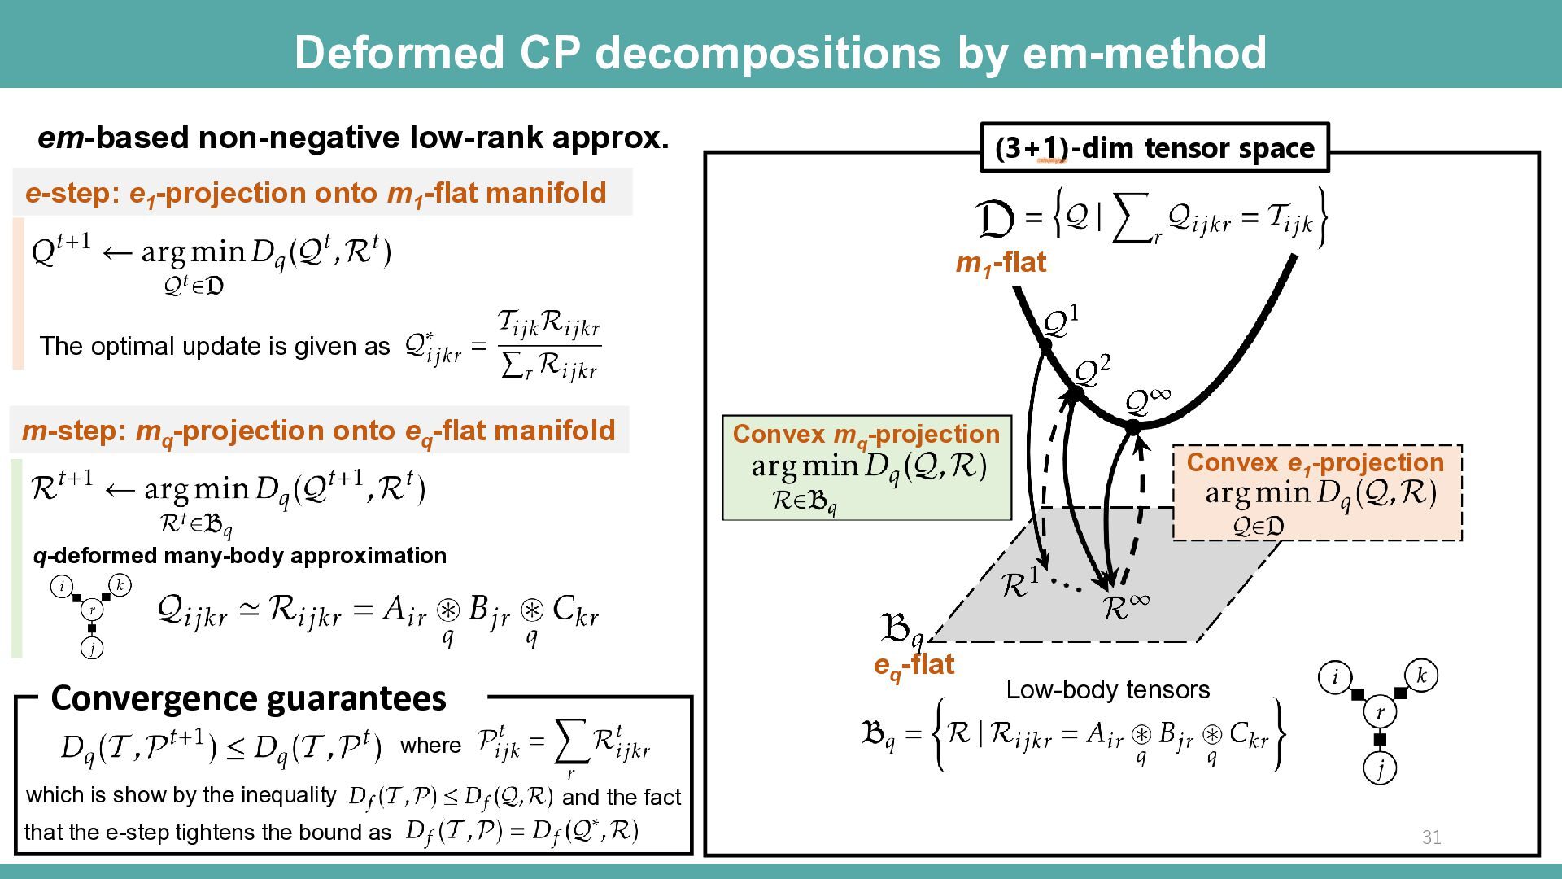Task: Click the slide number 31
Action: (1432, 837)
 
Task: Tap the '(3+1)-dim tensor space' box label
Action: (1154, 148)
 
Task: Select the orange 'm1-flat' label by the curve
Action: (1001, 263)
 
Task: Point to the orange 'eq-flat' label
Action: (914, 665)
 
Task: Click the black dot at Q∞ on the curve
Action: (1132, 426)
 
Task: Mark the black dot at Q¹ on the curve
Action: (1045, 345)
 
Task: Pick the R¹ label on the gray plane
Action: (1019, 584)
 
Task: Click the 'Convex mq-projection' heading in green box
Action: (866, 435)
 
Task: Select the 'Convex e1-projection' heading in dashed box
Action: (1315, 463)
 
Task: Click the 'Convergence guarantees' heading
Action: (249, 698)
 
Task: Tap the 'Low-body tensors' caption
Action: (1108, 690)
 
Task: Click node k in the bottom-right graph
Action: (1421, 676)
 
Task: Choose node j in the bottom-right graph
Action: (1380, 767)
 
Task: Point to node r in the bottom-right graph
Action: (1380, 712)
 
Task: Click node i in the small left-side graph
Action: (62, 586)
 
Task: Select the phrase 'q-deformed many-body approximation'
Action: (240, 556)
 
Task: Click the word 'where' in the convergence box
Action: (430, 746)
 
